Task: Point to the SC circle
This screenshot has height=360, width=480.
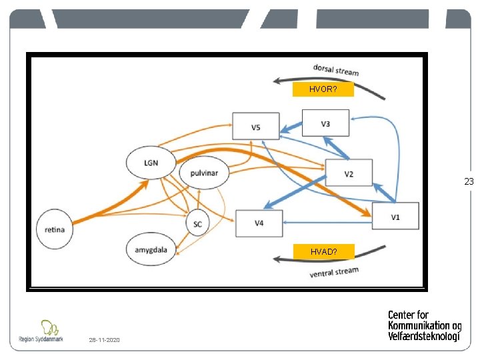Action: tap(197, 224)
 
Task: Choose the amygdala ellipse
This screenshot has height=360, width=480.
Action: tap(151, 250)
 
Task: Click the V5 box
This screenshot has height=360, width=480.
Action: tap(256, 126)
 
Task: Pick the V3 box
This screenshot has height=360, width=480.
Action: tap(325, 123)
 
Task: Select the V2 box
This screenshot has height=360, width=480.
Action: tap(349, 174)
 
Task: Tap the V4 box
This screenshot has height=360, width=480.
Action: tap(259, 223)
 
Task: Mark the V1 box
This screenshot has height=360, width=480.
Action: tap(395, 215)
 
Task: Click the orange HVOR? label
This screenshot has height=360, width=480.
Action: tap(323, 89)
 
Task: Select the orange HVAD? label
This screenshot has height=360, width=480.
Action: tap(323, 251)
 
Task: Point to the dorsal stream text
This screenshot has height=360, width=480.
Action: tap(336, 69)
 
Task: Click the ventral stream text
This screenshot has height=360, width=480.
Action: tap(334, 272)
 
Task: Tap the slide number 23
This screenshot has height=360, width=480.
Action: tap(469, 181)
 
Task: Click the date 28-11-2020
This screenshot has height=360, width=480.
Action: tap(104, 340)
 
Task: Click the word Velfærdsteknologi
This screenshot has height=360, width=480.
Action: tap(424, 336)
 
